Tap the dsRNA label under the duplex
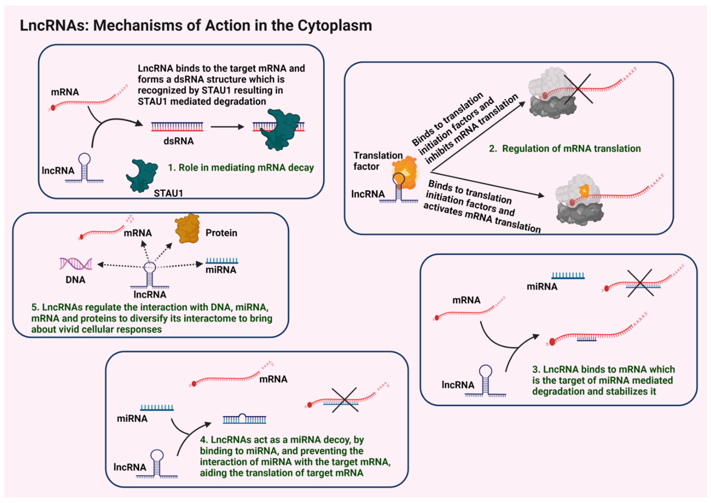[x=178, y=141]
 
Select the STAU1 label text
[x=168, y=193]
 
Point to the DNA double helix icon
[x=76, y=264]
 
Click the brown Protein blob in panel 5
[x=187, y=228]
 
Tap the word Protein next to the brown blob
[x=221, y=233]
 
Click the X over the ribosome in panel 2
[x=578, y=89]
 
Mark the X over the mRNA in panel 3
[x=640, y=283]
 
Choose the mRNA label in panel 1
[x=65, y=92]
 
